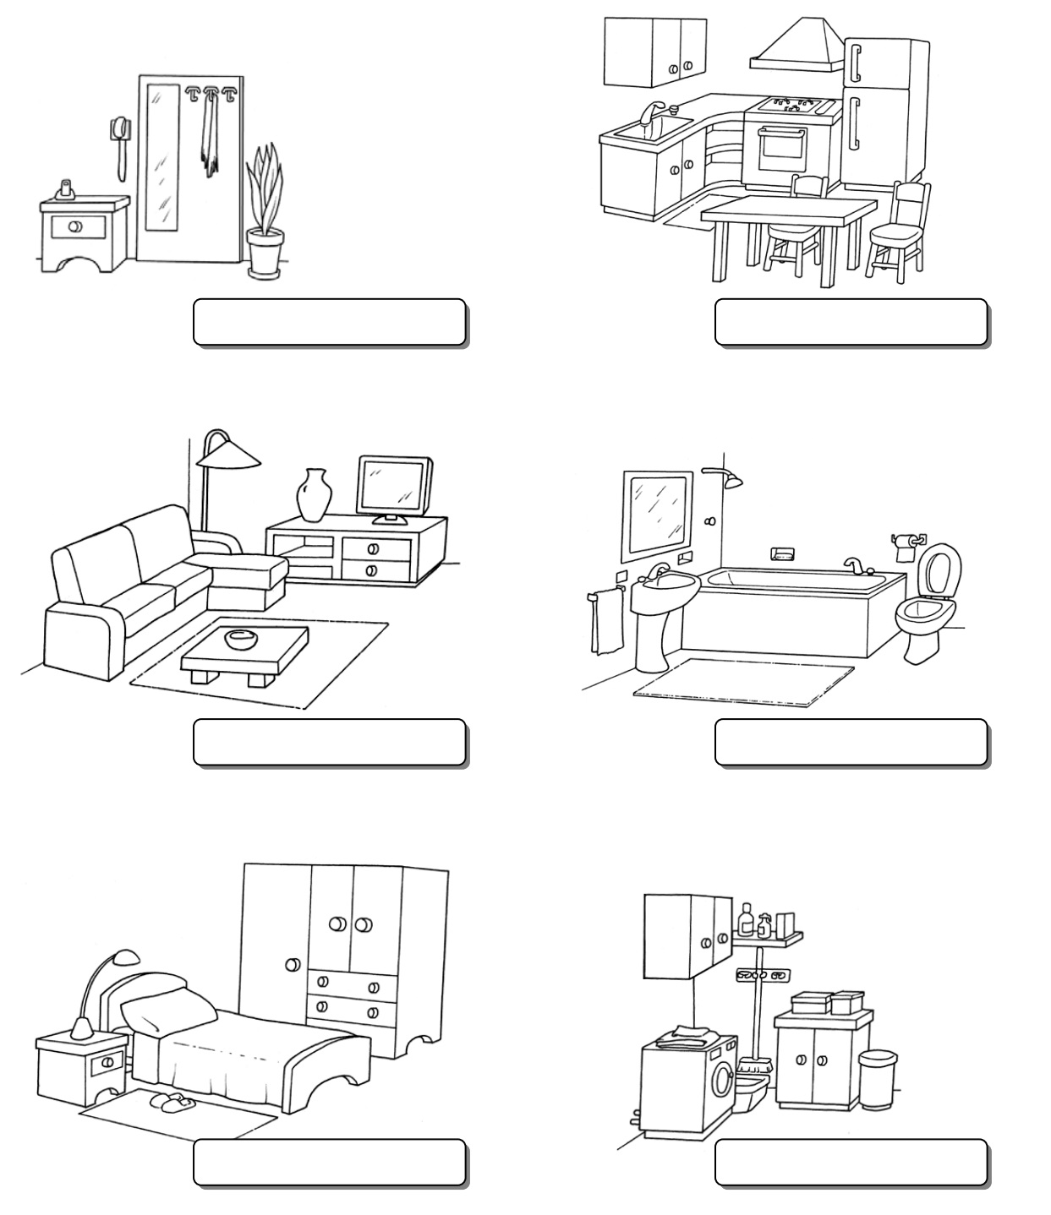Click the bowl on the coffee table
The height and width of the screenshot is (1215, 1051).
242,639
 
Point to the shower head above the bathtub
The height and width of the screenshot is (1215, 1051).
731,481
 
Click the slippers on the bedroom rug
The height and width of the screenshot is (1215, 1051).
168,1101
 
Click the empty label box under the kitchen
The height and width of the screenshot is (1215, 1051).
851,322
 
